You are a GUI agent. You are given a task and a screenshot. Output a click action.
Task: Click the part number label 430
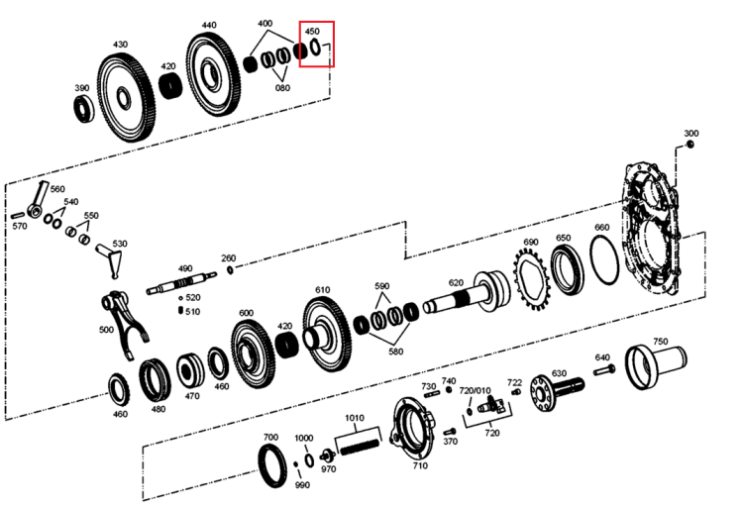pos(120,44)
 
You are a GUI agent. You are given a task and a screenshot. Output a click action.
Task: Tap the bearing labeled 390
pos(84,109)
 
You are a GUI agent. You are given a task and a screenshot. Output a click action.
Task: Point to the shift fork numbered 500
pos(126,326)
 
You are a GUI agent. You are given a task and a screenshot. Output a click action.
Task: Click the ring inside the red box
pos(316,47)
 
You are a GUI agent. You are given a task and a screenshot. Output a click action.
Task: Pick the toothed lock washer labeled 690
pos(531,280)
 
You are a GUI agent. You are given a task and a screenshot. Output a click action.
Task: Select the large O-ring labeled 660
pos(604,259)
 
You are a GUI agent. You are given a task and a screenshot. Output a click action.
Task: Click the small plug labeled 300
pos(690,144)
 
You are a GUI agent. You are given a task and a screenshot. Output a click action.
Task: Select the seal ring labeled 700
pos(272,467)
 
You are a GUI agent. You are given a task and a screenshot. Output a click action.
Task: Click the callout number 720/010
pos(475,391)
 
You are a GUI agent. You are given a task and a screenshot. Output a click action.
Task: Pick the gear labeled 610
pos(328,334)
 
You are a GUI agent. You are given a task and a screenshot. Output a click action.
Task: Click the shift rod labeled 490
pos(181,283)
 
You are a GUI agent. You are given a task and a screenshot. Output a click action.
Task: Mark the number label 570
pos(20,226)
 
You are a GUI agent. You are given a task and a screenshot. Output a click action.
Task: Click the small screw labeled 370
pos(450,432)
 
